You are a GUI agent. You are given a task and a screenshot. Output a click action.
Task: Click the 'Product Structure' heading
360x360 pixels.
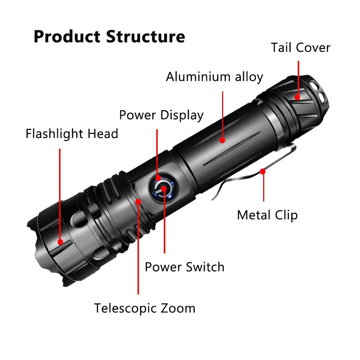109,37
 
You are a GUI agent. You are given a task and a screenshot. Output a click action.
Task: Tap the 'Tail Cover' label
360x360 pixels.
300,48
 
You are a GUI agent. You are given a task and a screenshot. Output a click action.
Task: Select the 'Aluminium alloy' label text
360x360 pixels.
214,77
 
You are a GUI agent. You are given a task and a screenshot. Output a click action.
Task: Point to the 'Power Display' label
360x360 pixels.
161,115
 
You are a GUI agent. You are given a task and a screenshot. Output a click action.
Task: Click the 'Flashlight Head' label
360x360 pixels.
72,134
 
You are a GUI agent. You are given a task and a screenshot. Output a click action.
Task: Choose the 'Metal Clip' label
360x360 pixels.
267,215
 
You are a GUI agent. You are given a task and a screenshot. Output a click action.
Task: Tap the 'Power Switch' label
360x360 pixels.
184,267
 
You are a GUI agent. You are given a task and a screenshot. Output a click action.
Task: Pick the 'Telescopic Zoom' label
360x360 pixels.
145,309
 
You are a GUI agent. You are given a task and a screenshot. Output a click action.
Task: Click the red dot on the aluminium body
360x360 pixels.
222,140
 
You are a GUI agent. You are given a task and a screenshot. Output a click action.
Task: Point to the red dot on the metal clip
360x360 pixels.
263,172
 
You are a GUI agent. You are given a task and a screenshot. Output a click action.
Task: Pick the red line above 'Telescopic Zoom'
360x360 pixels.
138,252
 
